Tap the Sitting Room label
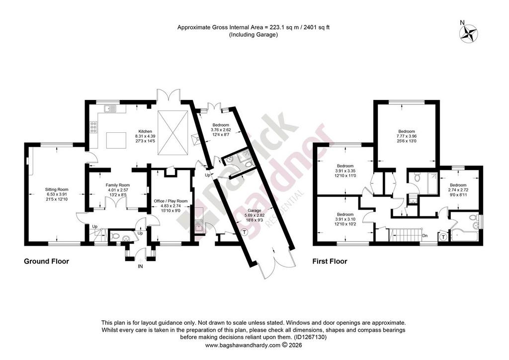tap(57, 189)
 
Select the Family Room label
tap(118, 185)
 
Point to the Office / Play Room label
tap(171, 201)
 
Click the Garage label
tap(255, 211)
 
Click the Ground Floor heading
tap(46, 262)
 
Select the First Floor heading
tap(330, 262)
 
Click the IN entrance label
tap(141, 267)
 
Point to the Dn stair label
tap(425, 236)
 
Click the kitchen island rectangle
tap(116, 140)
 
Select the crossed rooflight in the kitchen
tap(173, 133)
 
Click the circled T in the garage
tap(244, 232)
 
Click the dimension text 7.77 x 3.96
tap(407, 136)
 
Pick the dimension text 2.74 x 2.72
tap(458, 190)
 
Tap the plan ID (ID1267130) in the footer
tap(310, 337)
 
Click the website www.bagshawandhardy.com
tap(243, 345)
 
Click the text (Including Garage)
tap(254, 35)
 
